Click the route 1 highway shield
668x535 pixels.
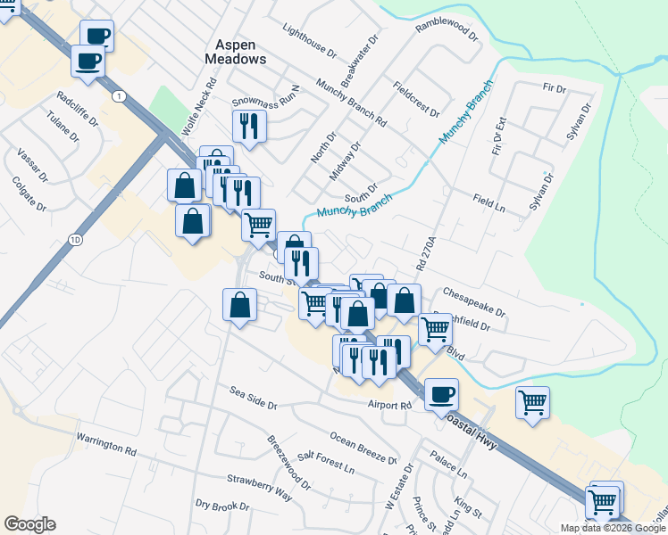coord(118,95)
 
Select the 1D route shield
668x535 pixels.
coord(75,239)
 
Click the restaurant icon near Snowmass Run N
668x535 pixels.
coord(249,126)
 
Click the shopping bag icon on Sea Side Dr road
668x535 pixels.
coord(239,305)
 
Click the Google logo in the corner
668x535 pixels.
coord(30,524)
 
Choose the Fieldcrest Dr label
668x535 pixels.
coord(416,99)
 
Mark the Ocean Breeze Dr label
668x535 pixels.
coord(363,448)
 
